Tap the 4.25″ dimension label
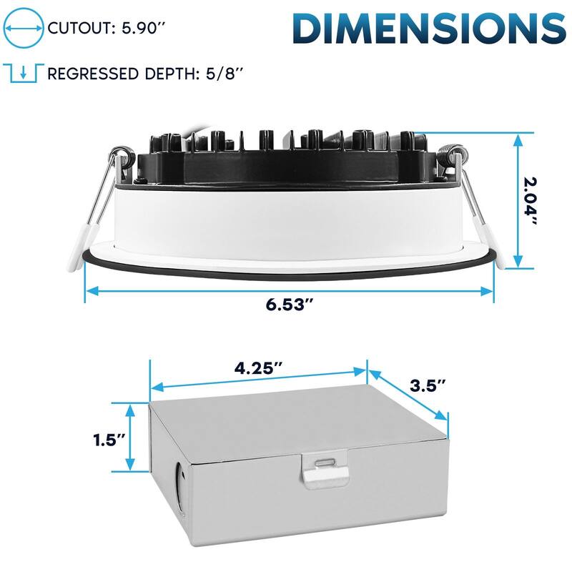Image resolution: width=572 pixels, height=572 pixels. [x=258, y=370]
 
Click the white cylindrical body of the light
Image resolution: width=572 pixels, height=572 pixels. [x=286, y=218]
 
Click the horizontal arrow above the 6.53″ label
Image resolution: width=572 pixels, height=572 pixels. [x=290, y=291]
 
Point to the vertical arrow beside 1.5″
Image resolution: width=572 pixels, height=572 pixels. [x=131, y=438]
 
